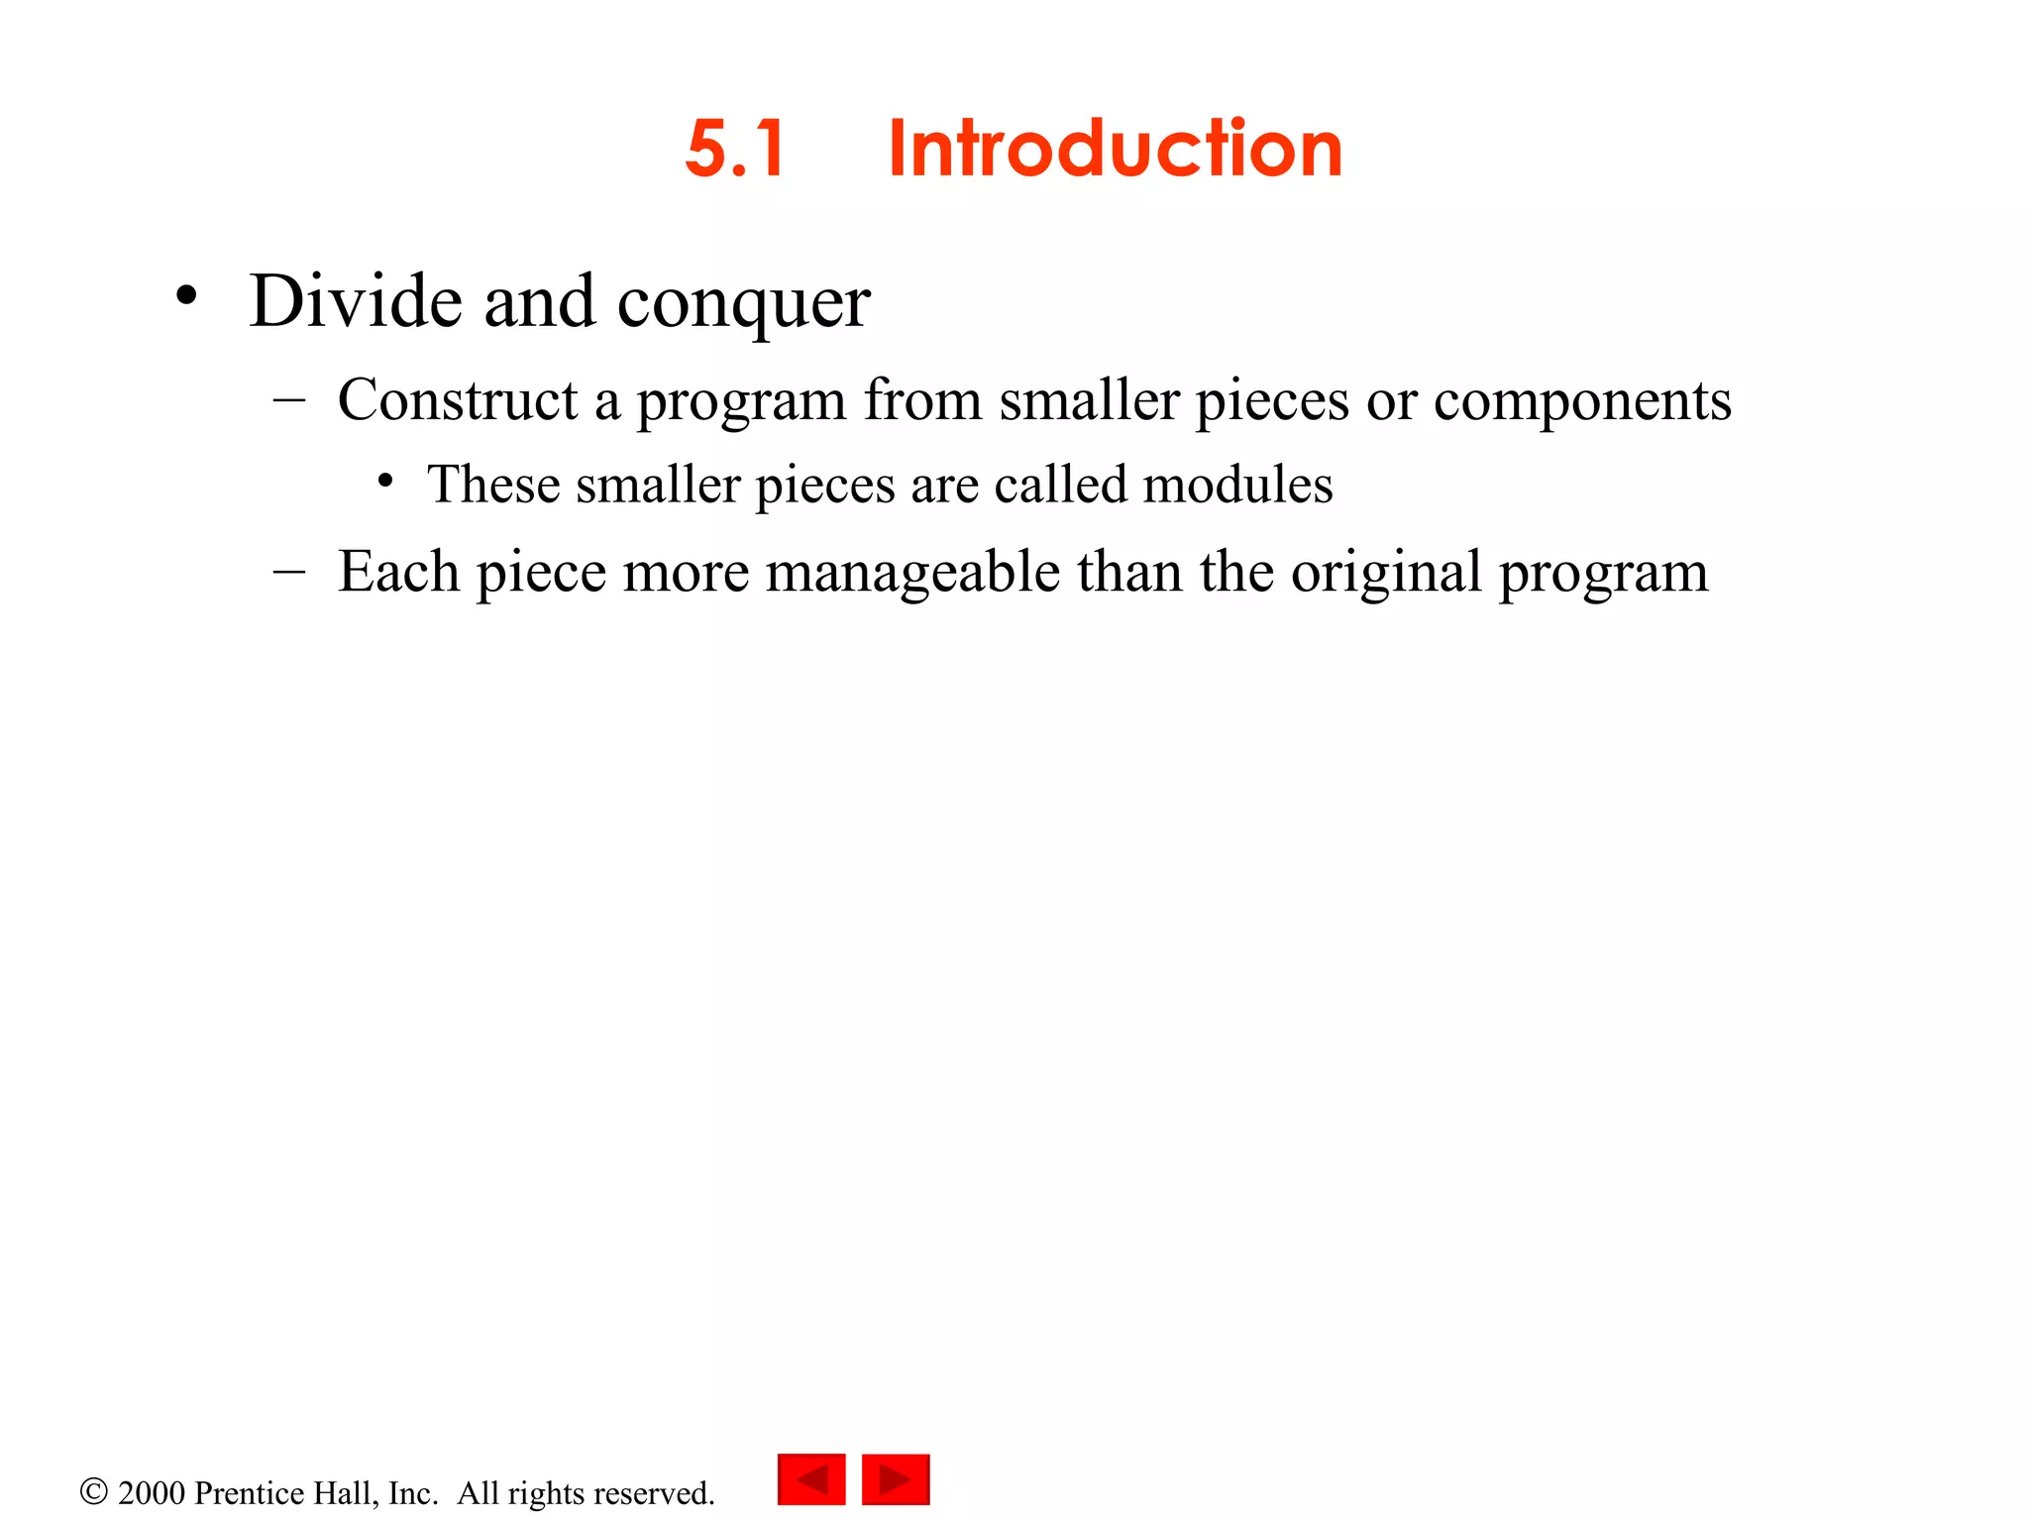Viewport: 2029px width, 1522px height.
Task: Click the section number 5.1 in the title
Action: pos(735,149)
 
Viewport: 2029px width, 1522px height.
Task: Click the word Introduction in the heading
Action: pos(1115,149)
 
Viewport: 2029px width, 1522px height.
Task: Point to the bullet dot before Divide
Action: pos(186,295)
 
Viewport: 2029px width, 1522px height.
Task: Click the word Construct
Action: pos(457,400)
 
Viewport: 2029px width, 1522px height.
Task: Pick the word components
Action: pos(1582,402)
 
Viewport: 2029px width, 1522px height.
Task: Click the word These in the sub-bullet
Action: pos(493,485)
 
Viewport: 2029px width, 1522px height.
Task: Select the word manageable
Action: pos(912,573)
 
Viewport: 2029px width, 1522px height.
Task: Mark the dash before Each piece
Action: pos(289,571)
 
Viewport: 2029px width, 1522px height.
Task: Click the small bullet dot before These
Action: pos(385,481)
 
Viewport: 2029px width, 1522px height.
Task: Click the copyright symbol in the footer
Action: pos(93,1491)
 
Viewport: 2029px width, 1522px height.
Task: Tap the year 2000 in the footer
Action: pos(152,1492)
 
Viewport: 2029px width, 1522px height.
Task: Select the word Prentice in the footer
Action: pos(250,1492)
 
